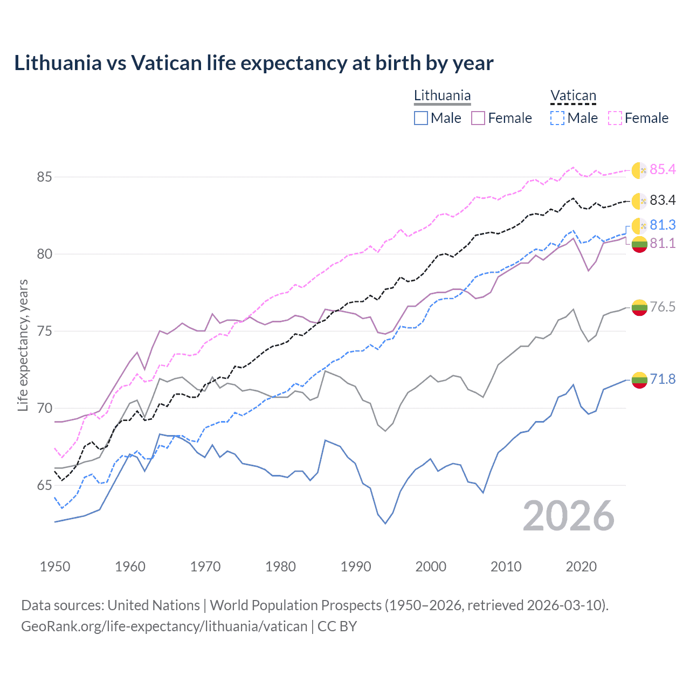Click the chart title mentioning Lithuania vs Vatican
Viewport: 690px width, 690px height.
(253, 63)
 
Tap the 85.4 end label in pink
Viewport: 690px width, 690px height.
(663, 169)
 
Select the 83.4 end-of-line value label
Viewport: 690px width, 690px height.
(663, 200)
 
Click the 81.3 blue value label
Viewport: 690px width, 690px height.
(663, 225)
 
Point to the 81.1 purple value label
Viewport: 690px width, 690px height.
(663, 243)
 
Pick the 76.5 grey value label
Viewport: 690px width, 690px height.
(663, 307)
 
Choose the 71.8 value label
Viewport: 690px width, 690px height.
(663, 379)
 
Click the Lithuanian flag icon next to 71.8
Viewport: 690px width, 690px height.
(639, 379)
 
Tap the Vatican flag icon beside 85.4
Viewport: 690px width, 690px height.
(639, 170)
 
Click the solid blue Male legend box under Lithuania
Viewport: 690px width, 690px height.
(421, 118)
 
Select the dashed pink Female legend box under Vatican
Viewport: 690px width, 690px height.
(615, 118)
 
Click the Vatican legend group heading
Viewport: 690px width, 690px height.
(573, 96)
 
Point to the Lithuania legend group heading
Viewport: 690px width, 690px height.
(442, 96)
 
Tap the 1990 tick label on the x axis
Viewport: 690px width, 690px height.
(356, 567)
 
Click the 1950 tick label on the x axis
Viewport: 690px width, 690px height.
(55, 567)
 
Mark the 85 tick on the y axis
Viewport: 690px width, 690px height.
(45, 177)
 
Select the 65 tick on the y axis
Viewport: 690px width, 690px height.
(45, 485)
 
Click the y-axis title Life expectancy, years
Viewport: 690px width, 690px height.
(23, 345)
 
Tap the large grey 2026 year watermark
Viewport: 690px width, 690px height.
(568, 516)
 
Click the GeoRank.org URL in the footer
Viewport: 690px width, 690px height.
(164, 626)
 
